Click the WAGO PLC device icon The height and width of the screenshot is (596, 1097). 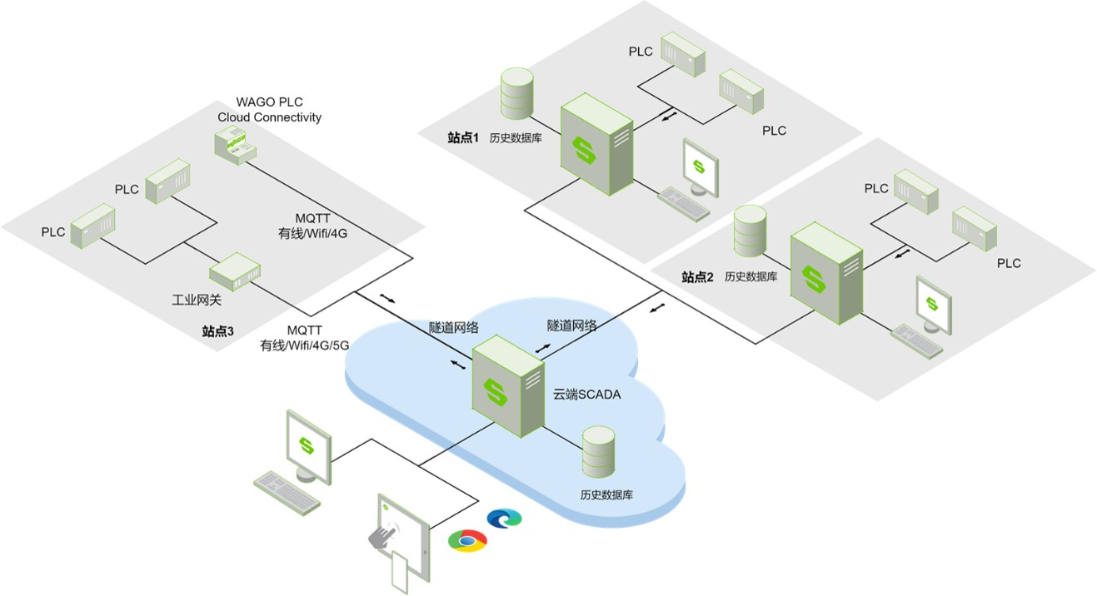pyautogui.click(x=236, y=145)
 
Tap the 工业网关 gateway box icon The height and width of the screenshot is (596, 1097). pyautogui.click(x=235, y=271)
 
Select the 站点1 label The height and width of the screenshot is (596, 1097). pyautogui.click(x=463, y=137)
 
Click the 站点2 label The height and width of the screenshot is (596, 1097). pyautogui.click(x=697, y=277)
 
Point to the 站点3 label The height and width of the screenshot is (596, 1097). pyautogui.click(x=218, y=331)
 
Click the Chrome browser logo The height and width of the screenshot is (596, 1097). pyautogui.click(x=467, y=541)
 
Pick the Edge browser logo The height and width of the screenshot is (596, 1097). pyautogui.click(x=505, y=519)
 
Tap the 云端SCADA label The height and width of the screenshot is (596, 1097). pyautogui.click(x=586, y=395)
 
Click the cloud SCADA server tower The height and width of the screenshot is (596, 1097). pyautogui.click(x=508, y=386)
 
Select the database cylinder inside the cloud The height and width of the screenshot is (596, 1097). pyautogui.click(x=598, y=452)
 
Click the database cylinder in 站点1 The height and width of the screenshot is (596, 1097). pyautogui.click(x=517, y=93)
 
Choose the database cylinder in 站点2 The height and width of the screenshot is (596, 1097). pyautogui.click(x=750, y=231)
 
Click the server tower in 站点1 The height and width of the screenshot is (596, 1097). pyautogui.click(x=596, y=144)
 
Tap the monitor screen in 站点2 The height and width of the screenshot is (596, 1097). pyautogui.click(x=934, y=305)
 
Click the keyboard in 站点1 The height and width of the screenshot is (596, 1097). pyautogui.click(x=683, y=204)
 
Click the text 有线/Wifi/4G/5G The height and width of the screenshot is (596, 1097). pyautogui.click(x=305, y=345)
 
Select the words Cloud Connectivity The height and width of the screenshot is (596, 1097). pyautogui.click(x=269, y=117)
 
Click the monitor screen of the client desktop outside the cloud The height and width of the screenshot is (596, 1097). pyautogui.click(x=308, y=446)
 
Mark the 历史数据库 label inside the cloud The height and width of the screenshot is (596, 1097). pyautogui.click(x=606, y=494)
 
